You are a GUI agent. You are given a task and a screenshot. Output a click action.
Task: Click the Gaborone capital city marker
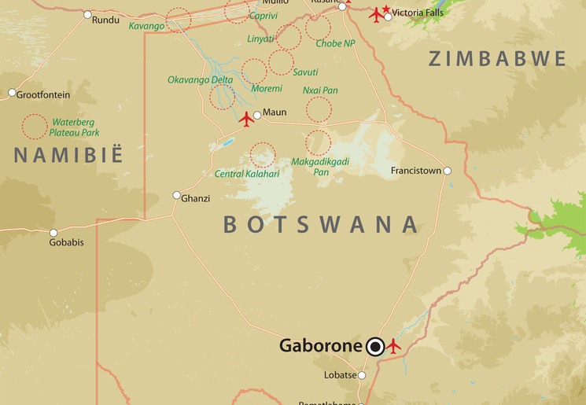pos(376,346)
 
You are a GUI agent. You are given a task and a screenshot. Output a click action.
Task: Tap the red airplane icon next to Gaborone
pos(393,345)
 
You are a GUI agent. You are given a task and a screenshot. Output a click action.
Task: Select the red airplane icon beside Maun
pos(247,119)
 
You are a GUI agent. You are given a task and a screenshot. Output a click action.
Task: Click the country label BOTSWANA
pos(322,225)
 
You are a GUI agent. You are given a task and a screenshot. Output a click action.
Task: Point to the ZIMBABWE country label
pos(497,59)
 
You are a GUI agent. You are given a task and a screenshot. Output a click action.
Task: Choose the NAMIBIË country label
pos(69,155)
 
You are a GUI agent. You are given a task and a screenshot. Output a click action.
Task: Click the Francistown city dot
pos(447,171)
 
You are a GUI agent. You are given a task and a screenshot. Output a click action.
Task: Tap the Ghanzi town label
pos(196,198)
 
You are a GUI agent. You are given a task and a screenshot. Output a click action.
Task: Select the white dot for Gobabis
pos(53,233)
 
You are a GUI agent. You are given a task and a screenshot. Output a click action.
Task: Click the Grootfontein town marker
pos(12,93)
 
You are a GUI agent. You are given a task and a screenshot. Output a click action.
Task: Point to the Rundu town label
pos(106,20)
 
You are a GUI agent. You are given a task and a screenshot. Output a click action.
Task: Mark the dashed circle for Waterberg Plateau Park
pos(34,127)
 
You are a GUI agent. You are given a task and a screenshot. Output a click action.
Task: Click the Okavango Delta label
pos(200,79)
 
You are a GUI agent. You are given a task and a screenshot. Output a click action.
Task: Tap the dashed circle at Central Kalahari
pos(263,154)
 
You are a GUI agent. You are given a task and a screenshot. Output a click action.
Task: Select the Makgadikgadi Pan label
pos(320,167)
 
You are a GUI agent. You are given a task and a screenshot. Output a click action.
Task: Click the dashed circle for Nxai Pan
pos(319,109)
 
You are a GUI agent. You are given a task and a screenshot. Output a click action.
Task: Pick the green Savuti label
pos(305,72)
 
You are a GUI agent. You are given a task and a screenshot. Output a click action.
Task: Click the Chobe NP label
pos(335,44)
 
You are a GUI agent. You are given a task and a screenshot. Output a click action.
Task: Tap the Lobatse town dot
pos(362,376)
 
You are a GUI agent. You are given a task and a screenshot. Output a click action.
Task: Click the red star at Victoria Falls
pos(386,9)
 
